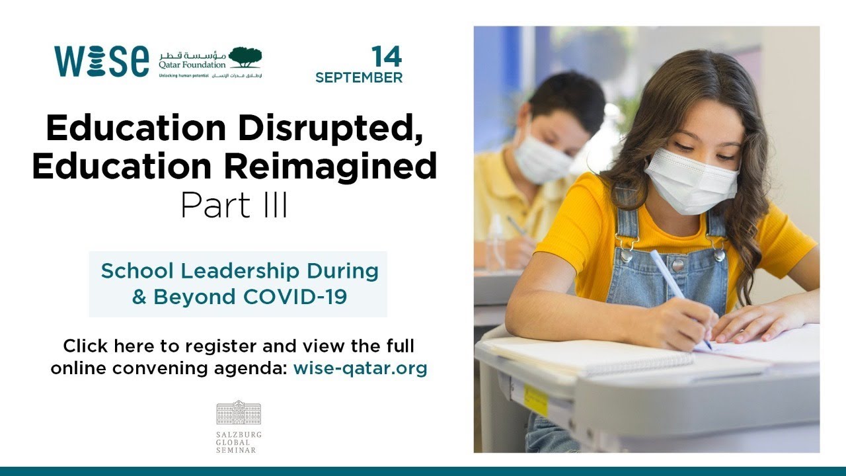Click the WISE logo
click(101, 61)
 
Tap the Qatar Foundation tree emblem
click(245, 58)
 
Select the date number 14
click(386, 58)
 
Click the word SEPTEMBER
click(359, 78)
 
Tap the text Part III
click(234, 206)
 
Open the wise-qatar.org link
click(360, 368)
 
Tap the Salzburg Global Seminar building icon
click(239, 413)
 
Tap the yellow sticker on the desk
click(535, 399)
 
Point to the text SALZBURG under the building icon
click(239, 434)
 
